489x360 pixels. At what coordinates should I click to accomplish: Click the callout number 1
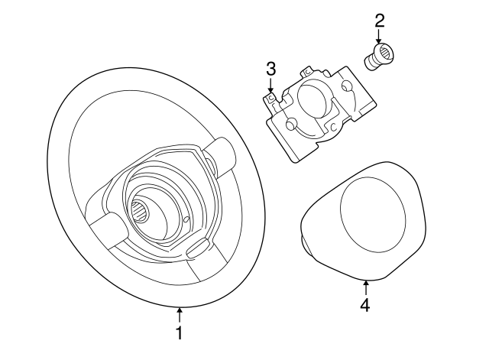tap(180, 333)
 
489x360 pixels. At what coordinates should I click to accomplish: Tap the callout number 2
tap(380, 21)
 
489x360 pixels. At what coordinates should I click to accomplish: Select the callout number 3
tap(270, 70)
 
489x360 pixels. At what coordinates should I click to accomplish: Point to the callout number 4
tap(365, 306)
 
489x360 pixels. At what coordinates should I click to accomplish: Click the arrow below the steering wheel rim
tap(180, 314)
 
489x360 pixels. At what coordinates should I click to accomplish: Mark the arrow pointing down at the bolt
tap(380, 38)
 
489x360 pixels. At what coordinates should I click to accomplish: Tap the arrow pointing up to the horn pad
tap(365, 287)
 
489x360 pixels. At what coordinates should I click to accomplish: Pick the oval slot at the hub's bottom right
tap(196, 246)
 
